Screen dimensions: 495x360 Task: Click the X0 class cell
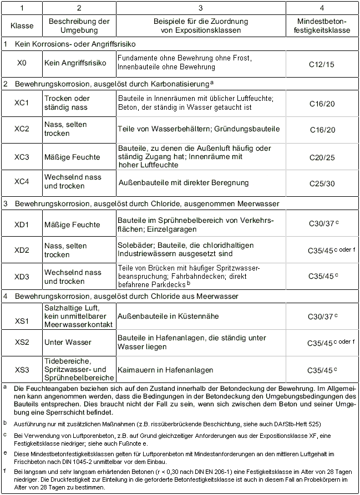pyautogui.click(x=22, y=63)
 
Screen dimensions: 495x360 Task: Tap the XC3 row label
pyautogui.click(x=22, y=157)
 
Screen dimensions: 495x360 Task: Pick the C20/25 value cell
pyautogui.click(x=322, y=157)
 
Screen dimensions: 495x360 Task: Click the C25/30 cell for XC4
pyautogui.click(x=322, y=183)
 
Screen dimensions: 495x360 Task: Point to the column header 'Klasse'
pyautogui.click(x=22, y=25)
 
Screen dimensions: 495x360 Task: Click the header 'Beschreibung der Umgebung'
pyautogui.click(x=79, y=25)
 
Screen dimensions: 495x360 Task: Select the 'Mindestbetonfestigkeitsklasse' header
pyautogui.click(x=322, y=25)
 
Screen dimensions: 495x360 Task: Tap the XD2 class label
pyautogui.click(x=22, y=250)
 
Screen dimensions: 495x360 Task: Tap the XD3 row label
pyautogui.click(x=22, y=277)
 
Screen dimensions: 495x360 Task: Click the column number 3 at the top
pyautogui.click(x=200, y=8)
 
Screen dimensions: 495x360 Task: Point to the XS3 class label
pyautogui.click(x=22, y=370)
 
